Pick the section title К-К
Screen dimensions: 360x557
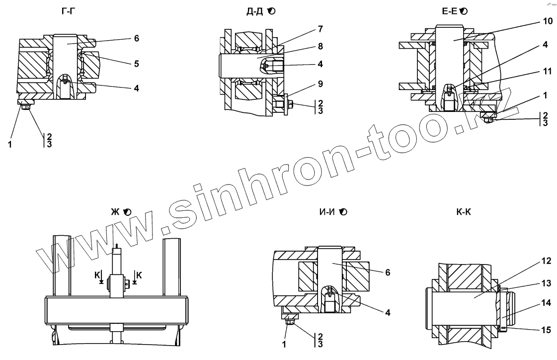[463, 212]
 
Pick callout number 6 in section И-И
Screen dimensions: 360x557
[388, 272]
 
